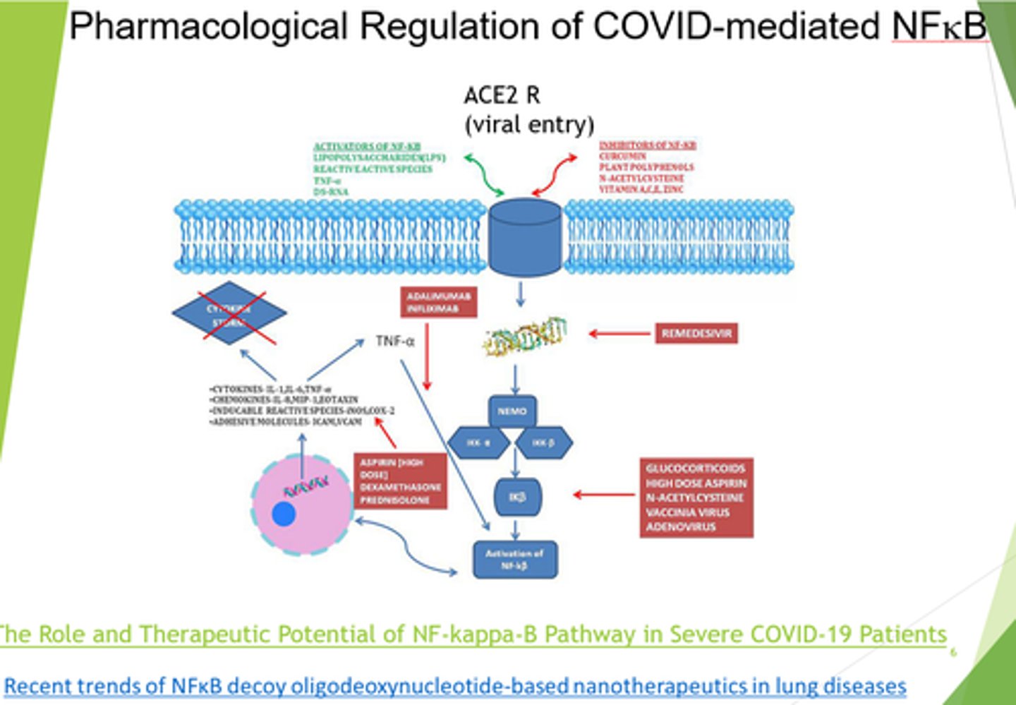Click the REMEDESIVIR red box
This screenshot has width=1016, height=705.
pyautogui.click(x=696, y=333)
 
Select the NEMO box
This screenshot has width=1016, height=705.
pyautogui.click(x=512, y=411)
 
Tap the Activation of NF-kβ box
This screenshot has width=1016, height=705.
pyautogui.click(x=514, y=560)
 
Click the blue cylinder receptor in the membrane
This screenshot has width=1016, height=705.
pyautogui.click(x=525, y=236)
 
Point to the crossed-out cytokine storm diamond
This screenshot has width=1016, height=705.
pyautogui.click(x=229, y=313)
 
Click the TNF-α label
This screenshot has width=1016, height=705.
pyautogui.click(x=394, y=342)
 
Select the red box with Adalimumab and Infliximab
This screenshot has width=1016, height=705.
pyautogui.click(x=438, y=302)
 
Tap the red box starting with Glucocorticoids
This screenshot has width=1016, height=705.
pyautogui.click(x=696, y=498)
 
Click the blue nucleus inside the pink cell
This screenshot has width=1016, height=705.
pyautogui.click(x=284, y=514)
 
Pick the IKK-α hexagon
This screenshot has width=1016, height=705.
pyautogui.click(x=478, y=443)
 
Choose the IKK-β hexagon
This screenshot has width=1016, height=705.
pyautogui.click(x=543, y=443)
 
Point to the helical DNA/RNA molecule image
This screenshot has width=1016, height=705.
pyautogui.click(x=526, y=336)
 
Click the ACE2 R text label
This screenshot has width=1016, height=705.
pyautogui.click(x=502, y=95)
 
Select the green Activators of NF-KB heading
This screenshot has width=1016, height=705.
pyautogui.click(x=367, y=146)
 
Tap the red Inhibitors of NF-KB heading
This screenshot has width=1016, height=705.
pyautogui.click(x=647, y=145)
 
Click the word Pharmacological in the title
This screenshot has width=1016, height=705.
pyautogui.click(x=208, y=26)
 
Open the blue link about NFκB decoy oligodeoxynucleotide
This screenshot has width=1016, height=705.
pyautogui.click(x=455, y=685)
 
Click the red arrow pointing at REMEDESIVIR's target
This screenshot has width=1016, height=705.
pyautogui.click(x=619, y=333)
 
